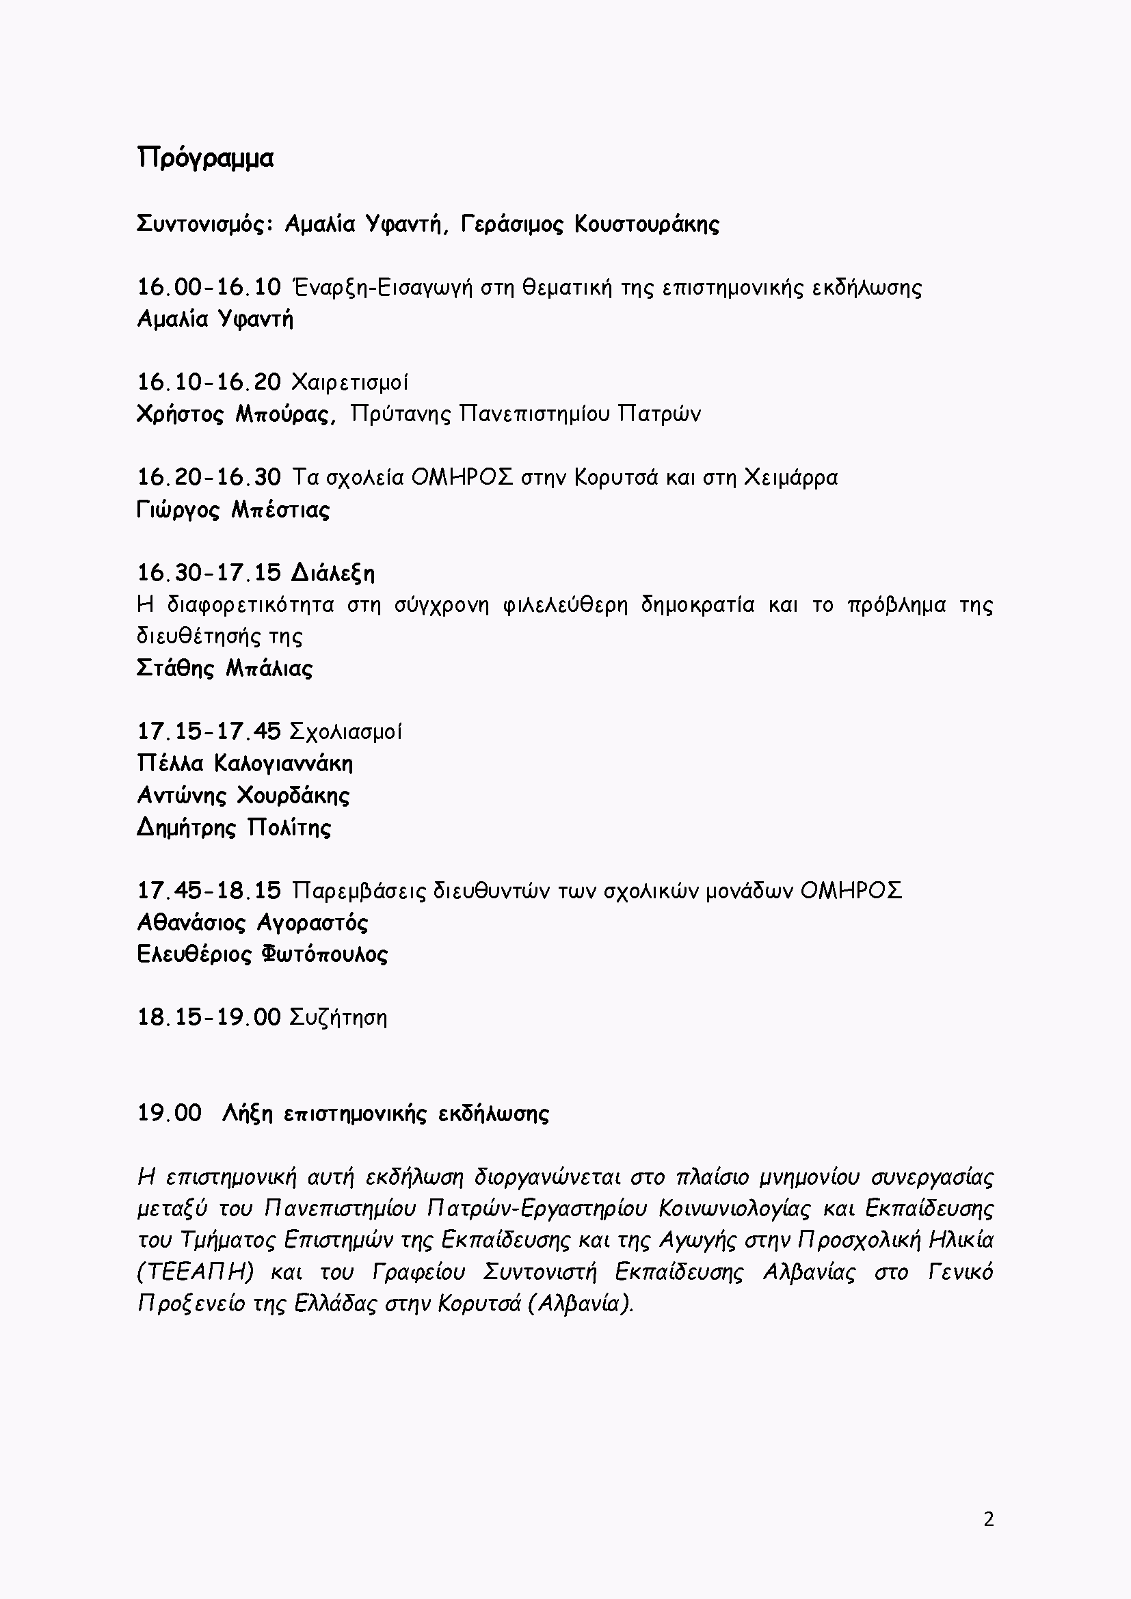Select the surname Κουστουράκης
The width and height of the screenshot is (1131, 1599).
647,224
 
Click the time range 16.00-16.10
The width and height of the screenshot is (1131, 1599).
209,287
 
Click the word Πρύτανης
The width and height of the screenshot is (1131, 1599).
401,414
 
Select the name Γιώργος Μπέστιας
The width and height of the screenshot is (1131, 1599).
233,510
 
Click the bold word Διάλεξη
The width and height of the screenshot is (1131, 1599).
333,573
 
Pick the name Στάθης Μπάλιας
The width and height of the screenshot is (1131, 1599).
225,669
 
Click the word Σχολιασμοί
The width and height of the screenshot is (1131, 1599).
345,732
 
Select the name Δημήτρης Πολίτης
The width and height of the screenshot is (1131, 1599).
234,828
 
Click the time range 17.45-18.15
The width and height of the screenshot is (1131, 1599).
209,891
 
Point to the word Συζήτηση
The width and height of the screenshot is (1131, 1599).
338,1017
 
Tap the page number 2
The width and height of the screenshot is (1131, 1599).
988,1520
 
